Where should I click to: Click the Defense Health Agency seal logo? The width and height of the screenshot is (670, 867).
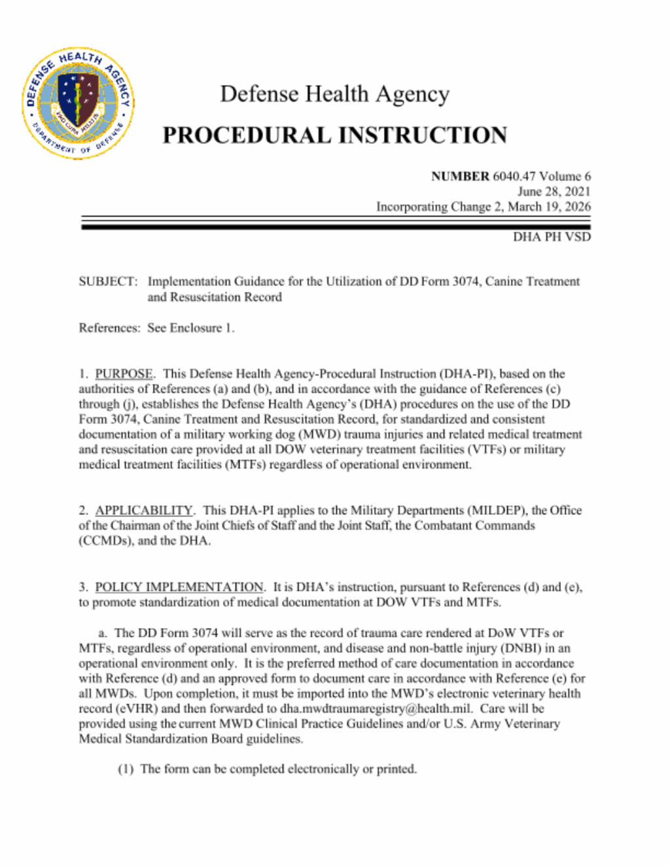click(x=79, y=103)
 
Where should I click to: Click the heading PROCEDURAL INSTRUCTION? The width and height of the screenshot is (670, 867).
click(x=334, y=135)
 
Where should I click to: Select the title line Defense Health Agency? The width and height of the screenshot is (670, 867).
click(x=334, y=94)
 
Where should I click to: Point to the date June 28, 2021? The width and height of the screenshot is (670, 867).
click(x=554, y=191)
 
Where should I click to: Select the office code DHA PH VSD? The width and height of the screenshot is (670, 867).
click(x=552, y=237)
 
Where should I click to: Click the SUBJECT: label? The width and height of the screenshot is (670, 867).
click(x=108, y=281)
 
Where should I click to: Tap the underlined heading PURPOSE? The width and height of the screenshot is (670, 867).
click(x=124, y=374)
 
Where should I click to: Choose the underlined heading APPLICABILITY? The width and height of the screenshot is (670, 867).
click(x=144, y=510)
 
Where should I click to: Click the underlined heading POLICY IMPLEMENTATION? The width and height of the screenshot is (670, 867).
click(x=179, y=587)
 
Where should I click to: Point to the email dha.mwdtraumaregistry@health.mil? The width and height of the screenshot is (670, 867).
click(x=376, y=709)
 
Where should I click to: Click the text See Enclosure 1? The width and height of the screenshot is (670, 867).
click(x=190, y=328)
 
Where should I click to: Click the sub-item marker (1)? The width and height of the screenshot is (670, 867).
click(x=126, y=769)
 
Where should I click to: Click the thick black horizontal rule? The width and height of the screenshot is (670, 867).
click(x=335, y=227)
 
